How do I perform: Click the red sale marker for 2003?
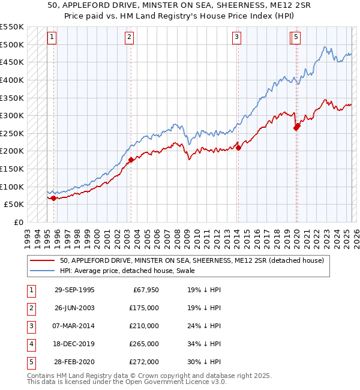131,160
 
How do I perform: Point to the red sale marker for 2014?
238,147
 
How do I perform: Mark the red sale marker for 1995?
54,198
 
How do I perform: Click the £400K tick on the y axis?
12,80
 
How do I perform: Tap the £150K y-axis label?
12,169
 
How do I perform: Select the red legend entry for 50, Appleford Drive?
192,260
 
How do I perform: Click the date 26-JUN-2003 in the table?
74,308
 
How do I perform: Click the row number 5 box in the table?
31,362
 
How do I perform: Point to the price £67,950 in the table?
144,290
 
